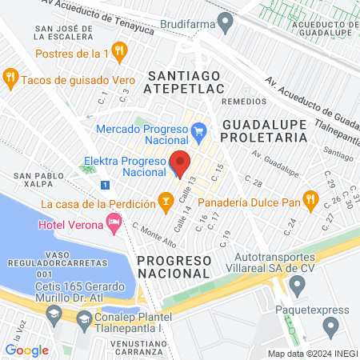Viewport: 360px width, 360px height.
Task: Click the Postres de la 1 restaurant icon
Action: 119,54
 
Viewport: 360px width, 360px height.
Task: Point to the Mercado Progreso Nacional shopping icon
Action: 198,129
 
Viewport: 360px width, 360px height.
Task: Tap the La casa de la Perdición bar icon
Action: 166,199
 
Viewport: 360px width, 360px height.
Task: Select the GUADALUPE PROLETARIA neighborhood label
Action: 264,131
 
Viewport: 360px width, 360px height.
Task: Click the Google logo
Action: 26,350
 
